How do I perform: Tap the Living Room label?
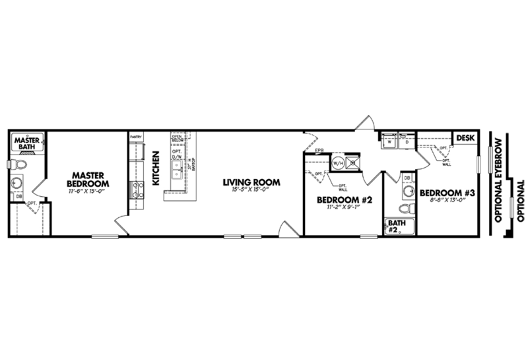[x=251, y=182]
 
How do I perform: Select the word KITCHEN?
[x=157, y=168]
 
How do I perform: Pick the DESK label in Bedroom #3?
[x=465, y=137]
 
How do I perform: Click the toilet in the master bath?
[x=20, y=164]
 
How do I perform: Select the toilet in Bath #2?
[x=409, y=209]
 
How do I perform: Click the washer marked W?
[x=390, y=141]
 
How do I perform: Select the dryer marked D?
[x=407, y=141]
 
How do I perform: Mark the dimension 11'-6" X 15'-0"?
[x=87, y=191]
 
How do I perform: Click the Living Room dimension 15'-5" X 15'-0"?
[x=251, y=191]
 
